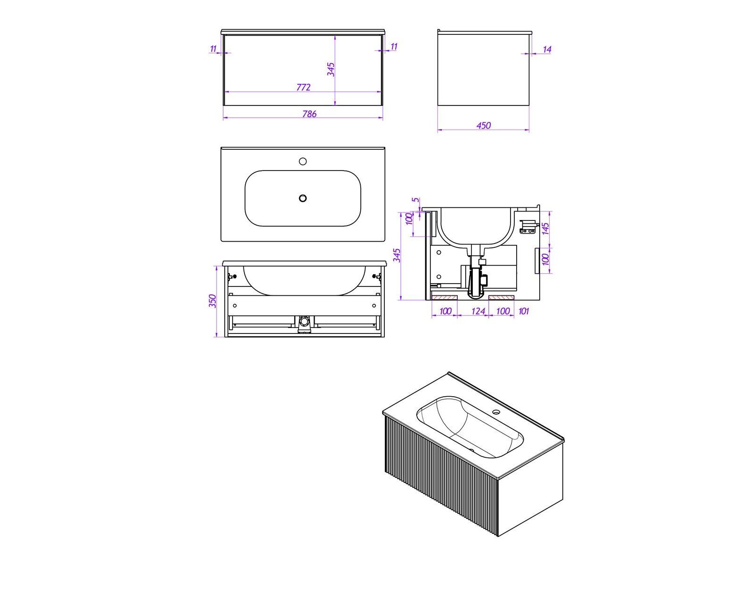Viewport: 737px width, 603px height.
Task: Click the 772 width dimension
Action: tap(303, 87)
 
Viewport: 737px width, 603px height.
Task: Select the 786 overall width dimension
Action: tap(309, 114)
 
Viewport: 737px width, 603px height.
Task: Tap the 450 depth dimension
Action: tap(484, 125)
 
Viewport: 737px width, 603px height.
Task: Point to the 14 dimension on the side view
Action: tap(547, 49)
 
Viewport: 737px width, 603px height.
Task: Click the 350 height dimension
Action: tap(212, 301)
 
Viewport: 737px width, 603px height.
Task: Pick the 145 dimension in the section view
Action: tap(545, 228)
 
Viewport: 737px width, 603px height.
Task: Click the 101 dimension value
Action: tap(524, 311)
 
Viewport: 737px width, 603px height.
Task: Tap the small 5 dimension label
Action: tap(415, 200)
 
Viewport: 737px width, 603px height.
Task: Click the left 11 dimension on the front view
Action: tap(213, 49)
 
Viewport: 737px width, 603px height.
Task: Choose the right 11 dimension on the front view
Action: tap(394, 47)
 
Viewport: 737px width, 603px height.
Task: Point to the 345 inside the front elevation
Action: tap(331, 70)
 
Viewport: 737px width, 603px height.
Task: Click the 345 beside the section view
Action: tap(397, 255)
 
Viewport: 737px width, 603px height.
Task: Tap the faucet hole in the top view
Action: tap(303, 161)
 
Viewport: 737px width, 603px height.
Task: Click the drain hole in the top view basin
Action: tap(303, 198)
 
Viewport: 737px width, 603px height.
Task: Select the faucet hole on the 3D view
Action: tap(496, 412)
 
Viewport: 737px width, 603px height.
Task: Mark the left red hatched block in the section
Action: tap(445, 297)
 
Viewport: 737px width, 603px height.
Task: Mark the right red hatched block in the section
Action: tap(502, 297)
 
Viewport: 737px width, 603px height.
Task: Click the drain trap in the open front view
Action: tap(303, 325)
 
